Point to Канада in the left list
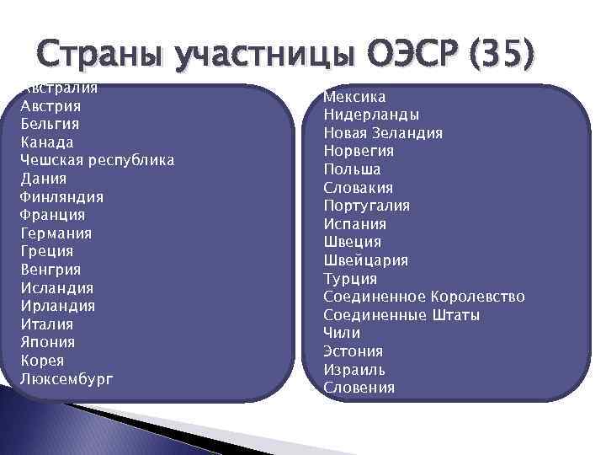pos(47,142)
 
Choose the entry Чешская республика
pos(97,161)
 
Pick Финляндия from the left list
pos(61,197)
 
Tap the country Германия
pos(56,233)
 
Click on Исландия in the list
pos(56,288)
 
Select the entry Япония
pos(48,342)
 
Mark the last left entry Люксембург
pos(66,379)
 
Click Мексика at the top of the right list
pos(354,97)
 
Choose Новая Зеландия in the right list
pos(383,133)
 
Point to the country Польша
pos(352,169)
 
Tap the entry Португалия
pos(367,206)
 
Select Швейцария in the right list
pos(365,260)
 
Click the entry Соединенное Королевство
pos(423,297)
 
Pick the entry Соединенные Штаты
pos(401,315)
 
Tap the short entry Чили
pos(342,333)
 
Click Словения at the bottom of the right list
pos(359,388)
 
